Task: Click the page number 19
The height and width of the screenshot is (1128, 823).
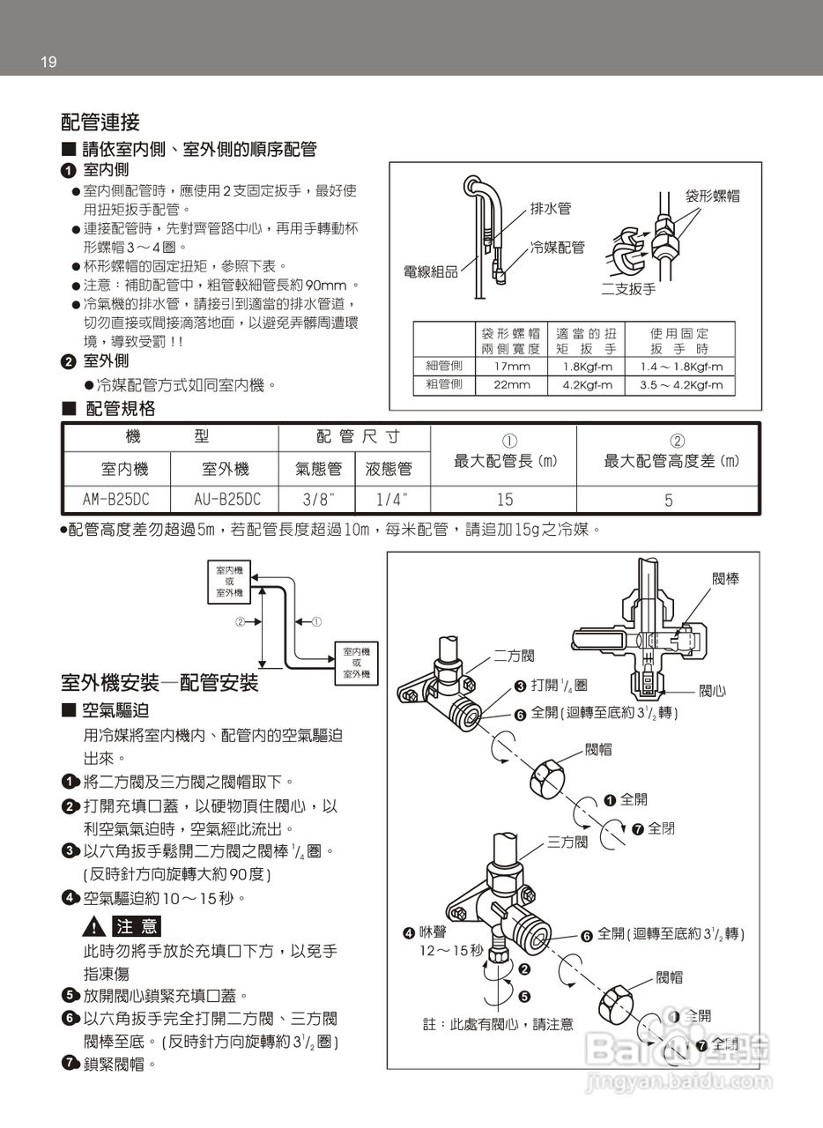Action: click(x=48, y=62)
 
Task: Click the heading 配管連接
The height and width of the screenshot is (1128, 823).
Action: click(x=100, y=122)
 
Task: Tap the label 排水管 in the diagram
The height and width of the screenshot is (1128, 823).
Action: click(x=551, y=209)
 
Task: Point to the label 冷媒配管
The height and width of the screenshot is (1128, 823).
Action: click(x=557, y=248)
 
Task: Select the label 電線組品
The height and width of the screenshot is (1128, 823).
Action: click(x=430, y=271)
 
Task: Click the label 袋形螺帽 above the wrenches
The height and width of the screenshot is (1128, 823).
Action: click(x=712, y=196)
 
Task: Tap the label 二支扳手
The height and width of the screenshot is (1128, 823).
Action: click(x=628, y=288)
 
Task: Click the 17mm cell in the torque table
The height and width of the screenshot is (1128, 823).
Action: click(x=512, y=366)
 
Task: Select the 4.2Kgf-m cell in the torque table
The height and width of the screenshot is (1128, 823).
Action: click(x=588, y=385)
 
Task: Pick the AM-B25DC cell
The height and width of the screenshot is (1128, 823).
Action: click(x=115, y=500)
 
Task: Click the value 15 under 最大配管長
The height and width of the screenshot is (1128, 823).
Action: click(x=504, y=500)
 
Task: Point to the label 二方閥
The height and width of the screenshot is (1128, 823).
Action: click(x=514, y=656)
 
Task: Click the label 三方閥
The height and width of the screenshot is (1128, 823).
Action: click(x=567, y=842)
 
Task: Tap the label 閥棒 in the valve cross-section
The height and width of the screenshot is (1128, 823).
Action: click(x=725, y=579)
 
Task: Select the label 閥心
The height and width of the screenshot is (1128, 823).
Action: click(x=713, y=690)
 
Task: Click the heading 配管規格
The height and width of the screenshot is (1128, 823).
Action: click(x=120, y=408)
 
